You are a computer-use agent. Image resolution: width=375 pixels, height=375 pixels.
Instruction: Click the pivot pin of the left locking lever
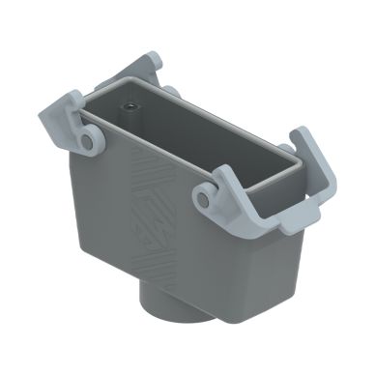[x=88, y=142]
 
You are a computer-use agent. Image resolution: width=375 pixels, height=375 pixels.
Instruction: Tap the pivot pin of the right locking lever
[x=204, y=199]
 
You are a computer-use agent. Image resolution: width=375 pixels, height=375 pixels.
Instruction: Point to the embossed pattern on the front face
[x=154, y=216]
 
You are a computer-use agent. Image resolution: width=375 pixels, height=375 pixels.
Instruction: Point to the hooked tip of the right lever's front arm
[x=221, y=174]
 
